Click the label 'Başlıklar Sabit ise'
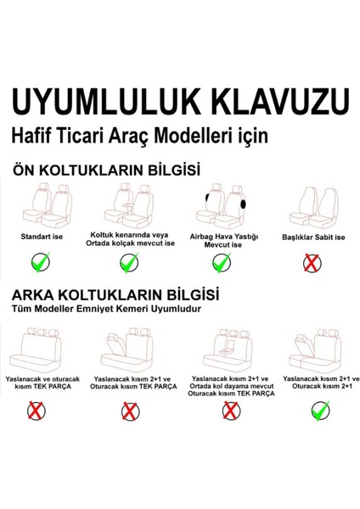pos(313,237)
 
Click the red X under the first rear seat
pos(38,412)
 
